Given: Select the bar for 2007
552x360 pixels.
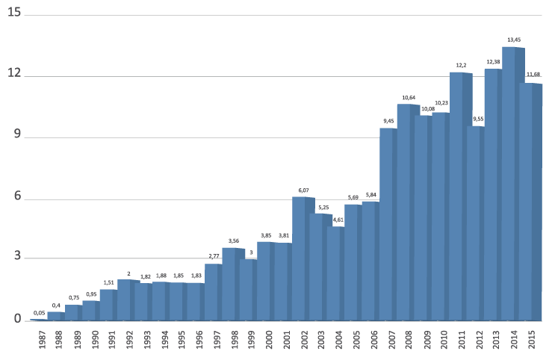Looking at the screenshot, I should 388,224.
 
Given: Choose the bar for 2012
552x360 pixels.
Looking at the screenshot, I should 475,223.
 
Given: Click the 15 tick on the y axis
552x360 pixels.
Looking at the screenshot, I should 13,13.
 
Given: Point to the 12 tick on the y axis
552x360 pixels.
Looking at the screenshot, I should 13,75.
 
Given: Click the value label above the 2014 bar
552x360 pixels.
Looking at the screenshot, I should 514,40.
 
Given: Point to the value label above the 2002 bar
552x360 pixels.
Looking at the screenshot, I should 303,190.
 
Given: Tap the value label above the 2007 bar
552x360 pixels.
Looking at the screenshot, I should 388,121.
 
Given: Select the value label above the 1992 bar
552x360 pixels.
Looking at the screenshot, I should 128,273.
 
